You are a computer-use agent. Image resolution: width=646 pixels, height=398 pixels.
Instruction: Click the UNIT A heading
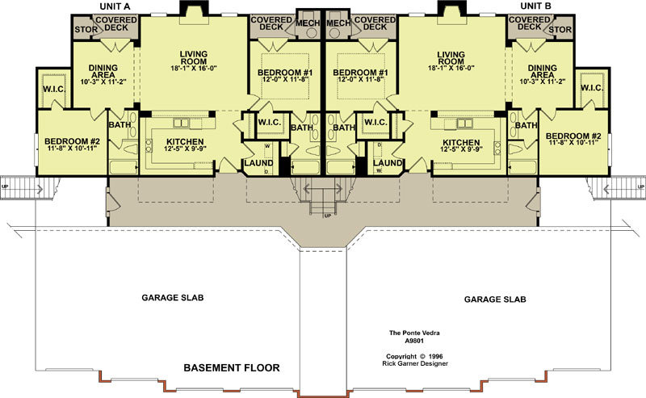point(115,6)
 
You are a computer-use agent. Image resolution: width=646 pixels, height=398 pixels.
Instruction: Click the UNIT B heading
point(535,6)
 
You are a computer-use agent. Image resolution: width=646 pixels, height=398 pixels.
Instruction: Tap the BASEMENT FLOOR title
point(232,368)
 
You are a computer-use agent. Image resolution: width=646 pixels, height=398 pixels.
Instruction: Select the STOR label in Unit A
point(86,30)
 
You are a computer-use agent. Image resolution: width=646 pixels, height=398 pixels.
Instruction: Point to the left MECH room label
point(308,23)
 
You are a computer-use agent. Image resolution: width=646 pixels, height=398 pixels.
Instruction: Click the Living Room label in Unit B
point(451,57)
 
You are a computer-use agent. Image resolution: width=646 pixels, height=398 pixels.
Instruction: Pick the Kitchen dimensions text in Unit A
point(185,149)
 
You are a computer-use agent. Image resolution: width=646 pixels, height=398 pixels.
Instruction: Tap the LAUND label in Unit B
point(388,163)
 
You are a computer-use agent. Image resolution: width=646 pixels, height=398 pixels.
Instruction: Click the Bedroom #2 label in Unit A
point(72,141)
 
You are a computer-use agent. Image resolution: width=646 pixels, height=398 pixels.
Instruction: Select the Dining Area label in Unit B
point(542,71)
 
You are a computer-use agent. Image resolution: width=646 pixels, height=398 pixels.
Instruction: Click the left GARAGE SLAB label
point(173,297)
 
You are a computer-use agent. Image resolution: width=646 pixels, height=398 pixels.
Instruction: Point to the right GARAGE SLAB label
point(495,300)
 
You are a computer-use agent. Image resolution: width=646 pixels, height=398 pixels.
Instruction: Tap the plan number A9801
point(414,341)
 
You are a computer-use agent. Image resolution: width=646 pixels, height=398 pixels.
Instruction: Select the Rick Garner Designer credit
point(415,363)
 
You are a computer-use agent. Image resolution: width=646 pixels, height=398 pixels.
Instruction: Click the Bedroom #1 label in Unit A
point(285,73)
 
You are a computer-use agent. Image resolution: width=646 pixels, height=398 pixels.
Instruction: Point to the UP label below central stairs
point(328,216)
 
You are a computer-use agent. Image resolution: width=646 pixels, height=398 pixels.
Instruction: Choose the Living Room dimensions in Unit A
point(194,69)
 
